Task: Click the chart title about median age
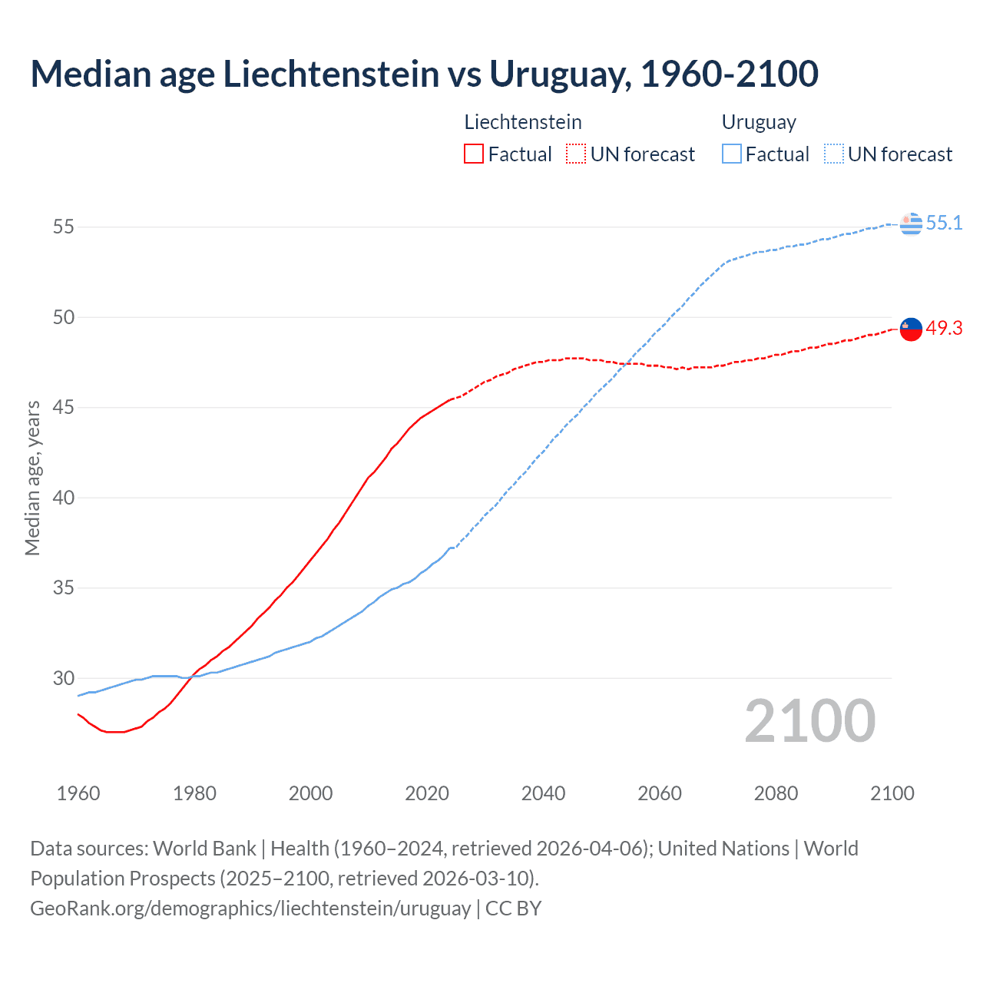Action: [424, 74]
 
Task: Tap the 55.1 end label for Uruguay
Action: [944, 223]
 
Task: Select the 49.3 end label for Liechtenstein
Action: [944, 328]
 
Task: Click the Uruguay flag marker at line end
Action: [911, 223]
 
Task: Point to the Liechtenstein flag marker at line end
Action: [911, 329]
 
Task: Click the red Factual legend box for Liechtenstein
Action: [474, 154]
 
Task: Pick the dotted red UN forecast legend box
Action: [576, 154]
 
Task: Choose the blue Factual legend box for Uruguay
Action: [732, 154]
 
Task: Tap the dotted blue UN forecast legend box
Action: [834, 154]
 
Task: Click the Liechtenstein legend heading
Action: [523, 122]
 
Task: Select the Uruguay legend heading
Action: [759, 122]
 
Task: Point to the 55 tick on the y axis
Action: [63, 227]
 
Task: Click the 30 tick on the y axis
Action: [63, 678]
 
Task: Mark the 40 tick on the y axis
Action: [63, 498]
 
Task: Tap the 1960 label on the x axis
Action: [78, 793]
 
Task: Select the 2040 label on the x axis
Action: [543, 793]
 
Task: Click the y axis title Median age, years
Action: [32, 478]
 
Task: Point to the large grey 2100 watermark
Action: [809, 720]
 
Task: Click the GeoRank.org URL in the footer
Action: [250, 909]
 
